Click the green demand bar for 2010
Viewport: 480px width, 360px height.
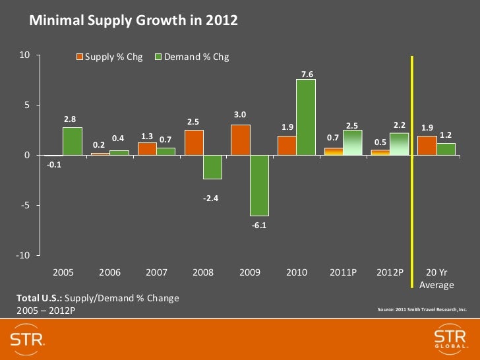coord(306,117)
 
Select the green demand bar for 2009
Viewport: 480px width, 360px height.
coord(259,185)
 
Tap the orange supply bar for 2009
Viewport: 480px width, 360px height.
coord(241,140)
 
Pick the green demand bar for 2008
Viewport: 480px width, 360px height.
coord(213,167)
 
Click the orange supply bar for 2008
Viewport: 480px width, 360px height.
coord(194,142)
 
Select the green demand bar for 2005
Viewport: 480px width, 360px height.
coord(73,141)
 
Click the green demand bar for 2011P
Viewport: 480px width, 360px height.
coord(353,142)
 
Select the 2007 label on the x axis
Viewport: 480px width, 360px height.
coord(156,272)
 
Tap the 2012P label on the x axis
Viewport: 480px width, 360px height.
coord(389,272)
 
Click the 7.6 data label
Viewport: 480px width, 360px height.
coord(307,75)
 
